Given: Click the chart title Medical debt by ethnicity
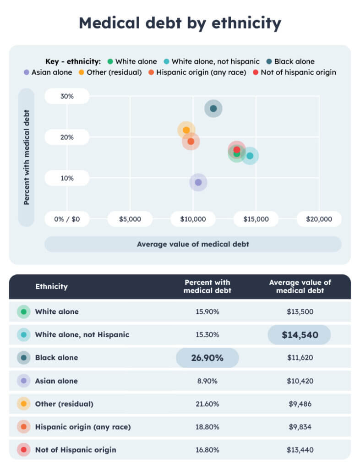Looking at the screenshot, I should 180,22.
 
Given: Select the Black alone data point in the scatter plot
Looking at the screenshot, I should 213,109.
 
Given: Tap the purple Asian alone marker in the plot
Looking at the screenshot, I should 198,182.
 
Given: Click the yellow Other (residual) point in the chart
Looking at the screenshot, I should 186,130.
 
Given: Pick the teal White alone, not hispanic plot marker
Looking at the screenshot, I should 250,156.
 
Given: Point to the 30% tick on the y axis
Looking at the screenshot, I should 67,96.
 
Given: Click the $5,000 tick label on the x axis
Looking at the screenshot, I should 130,219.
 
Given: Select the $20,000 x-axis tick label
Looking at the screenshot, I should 319,219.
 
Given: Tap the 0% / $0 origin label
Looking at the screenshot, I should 67,219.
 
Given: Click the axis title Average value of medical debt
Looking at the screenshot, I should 193,244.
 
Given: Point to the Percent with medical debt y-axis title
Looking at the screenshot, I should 27,157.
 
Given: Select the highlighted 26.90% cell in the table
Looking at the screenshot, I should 207,358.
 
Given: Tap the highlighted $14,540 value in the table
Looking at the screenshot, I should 300,335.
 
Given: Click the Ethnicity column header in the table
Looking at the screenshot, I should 51,287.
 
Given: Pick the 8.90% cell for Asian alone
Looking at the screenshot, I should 207,381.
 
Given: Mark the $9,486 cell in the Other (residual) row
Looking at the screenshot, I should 300,404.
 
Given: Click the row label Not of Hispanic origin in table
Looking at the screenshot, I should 75,450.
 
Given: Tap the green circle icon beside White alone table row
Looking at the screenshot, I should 24,312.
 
